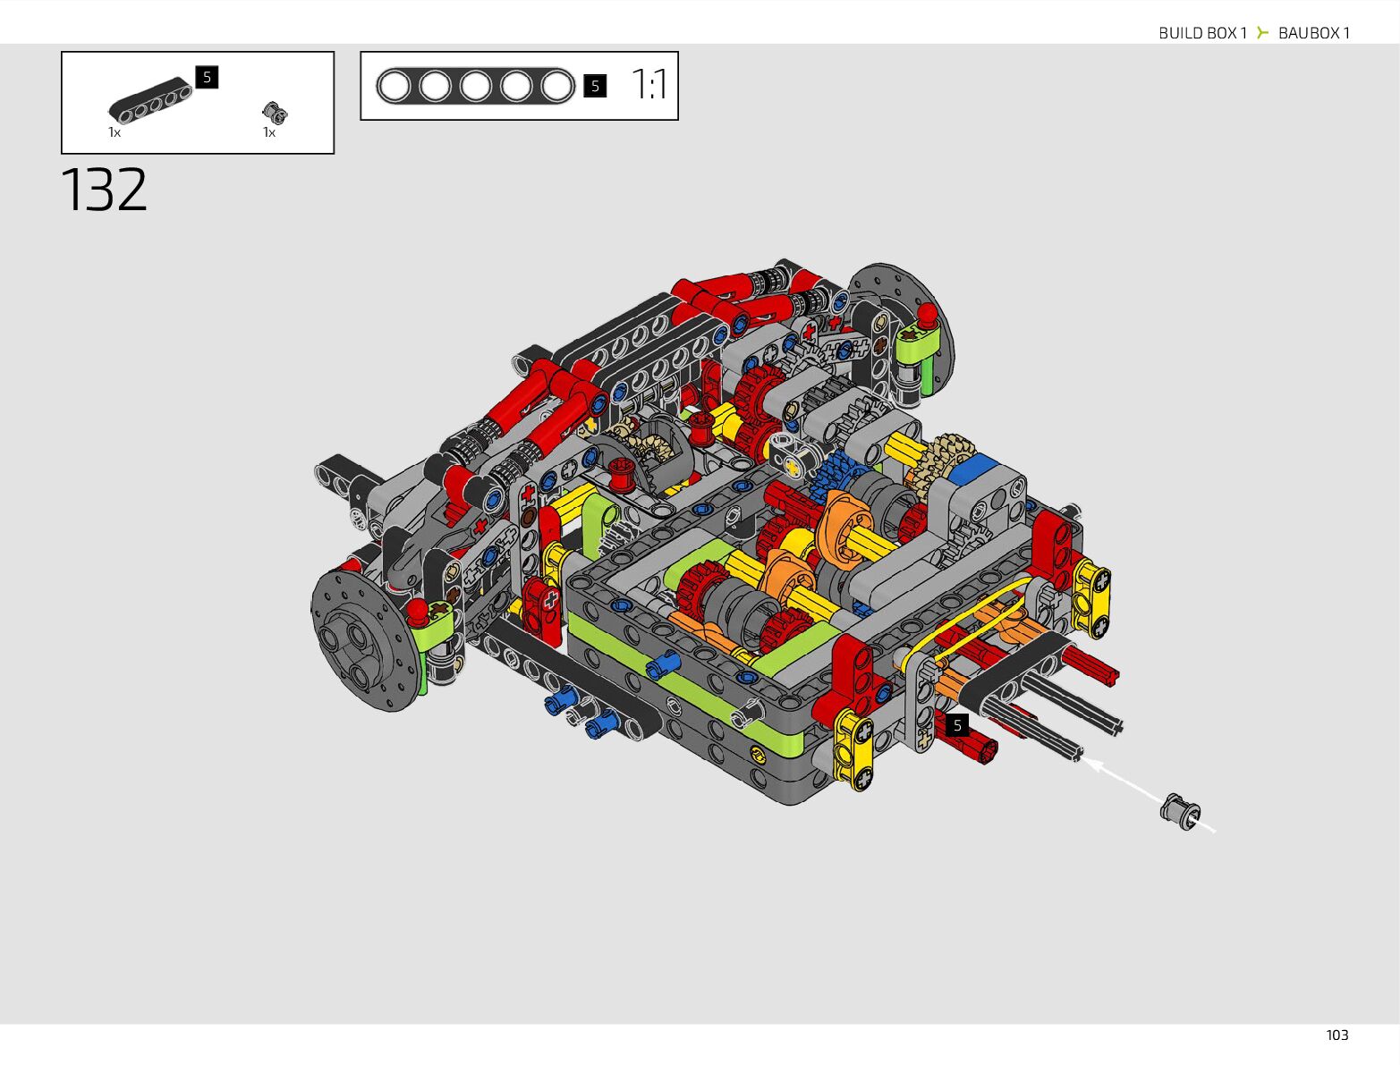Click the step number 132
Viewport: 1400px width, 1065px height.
tap(104, 190)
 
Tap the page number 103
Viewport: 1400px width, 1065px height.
tap(1336, 1035)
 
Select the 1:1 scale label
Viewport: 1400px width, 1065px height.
tap(649, 85)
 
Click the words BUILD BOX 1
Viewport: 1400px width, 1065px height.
tap(1202, 33)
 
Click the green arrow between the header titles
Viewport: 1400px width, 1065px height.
tap(1262, 32)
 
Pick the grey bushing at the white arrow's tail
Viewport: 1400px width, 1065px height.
tap(1179, 811)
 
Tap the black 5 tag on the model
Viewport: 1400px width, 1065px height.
tap(957, 724)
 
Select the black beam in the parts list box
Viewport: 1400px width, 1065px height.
tap(150, 100)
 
